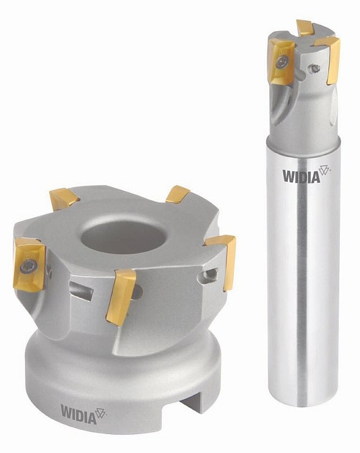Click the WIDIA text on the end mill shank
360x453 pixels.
301,177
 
